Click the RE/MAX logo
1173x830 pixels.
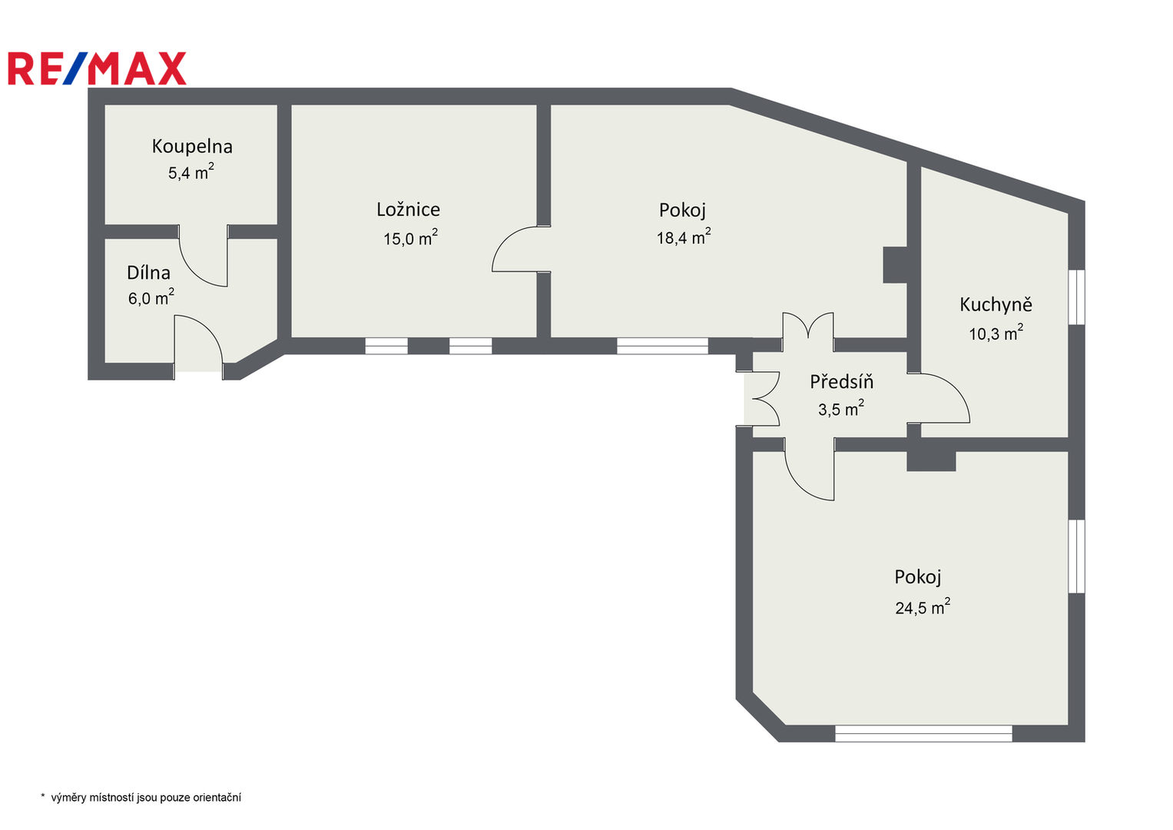pyautogui.click(x=97, y=68)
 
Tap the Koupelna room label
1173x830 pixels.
pyautogui.click(x=192, y=146)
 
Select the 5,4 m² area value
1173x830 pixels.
pyautogui.click(x=191, y=171)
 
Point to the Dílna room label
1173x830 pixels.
pyautogui.click(x=149, y=273)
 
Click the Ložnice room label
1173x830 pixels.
pyautogui.click(x=409, y=210)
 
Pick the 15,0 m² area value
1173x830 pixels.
pyautogui.click(x=410, y=238)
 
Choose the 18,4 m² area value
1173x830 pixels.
pyautogui.click(x=684, y=237)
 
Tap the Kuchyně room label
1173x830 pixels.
pyautogui.click(x=996, y=304)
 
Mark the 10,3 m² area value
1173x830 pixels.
pyautogui.click(x=996, y=333)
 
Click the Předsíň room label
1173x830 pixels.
pyautogui.click(x=841, y=381)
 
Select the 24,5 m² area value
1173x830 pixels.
pyautogui.click(x=923, y=607)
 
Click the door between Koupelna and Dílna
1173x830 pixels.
pyautogui.click(x=204, y=256)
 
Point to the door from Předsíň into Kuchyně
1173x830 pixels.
pyautogui.click(x=939, y=398)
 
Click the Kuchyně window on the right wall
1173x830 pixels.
pyautogui.click(x=1077, y=297)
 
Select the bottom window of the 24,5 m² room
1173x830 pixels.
pyautogui.click(x=924, y=734)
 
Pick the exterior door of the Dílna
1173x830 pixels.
pyautogui.click(x=198, y=344)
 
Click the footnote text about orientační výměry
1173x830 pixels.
pyautogui.click(x=141, y=798)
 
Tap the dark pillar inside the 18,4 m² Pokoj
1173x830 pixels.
pyautogui.click(x=895, y=265)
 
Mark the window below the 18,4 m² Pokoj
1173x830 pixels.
pyautogui.click(x=662, y=346)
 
